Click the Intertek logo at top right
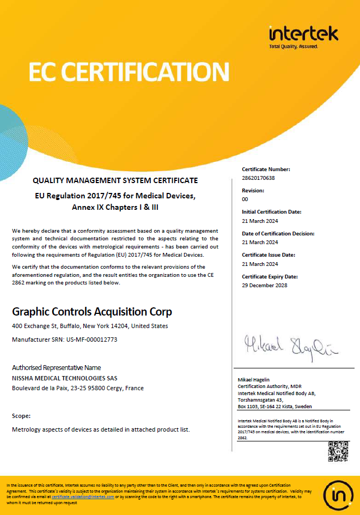[x=303, y=35]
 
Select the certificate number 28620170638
[x=258, y=178]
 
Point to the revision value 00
[x=245, y=199]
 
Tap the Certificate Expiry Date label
[x=270, y=276]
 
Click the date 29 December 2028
[x=264, y=285]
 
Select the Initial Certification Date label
[x=271, y=211]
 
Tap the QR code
[x=338, y=452]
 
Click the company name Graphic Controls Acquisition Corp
[x=92, y=312]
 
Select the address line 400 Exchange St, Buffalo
[x=90, y=326]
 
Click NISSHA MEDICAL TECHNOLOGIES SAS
[x=64, y=378]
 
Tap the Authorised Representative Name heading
[x=56, y=367]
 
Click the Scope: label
[x=21, y=415]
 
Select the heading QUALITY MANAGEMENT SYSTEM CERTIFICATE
[x=115, y=180]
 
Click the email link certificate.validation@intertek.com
[x=83, y=497]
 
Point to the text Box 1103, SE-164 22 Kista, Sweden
[x=274, y=407]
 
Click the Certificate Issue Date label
[x=268, y=255]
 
